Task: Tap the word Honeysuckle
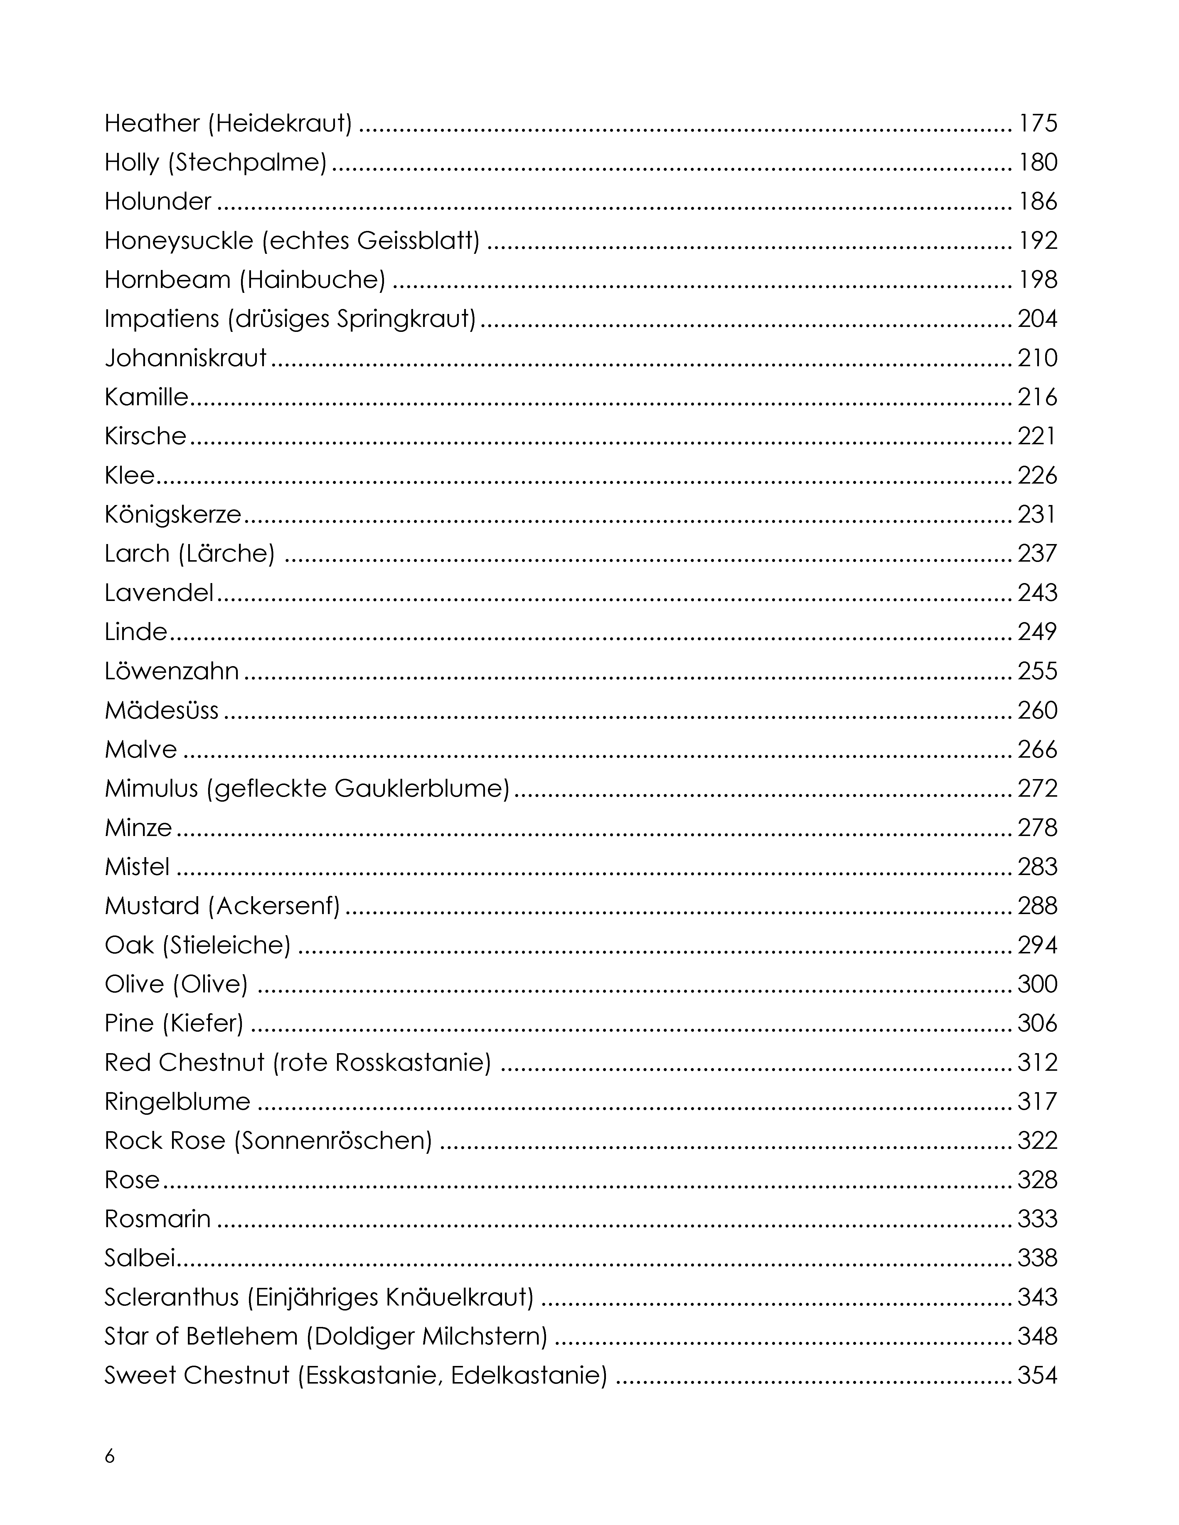coord(179,241)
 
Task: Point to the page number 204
coord(1037,319)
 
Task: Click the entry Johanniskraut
coord(186,358)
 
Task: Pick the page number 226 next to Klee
coord(1037,475)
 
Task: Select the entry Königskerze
coord(173,515)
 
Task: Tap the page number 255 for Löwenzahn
coord(1037,671)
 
